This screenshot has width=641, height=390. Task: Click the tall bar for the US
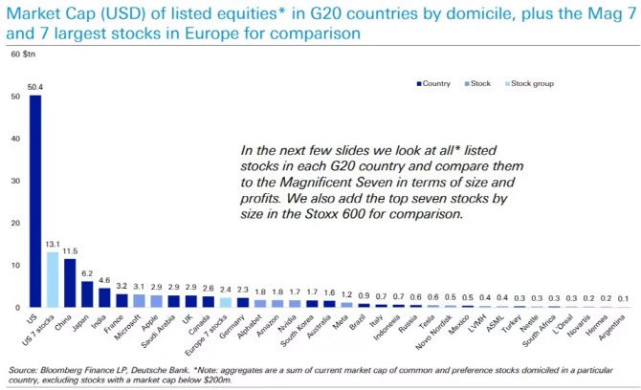35,201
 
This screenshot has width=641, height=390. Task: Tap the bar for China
70,283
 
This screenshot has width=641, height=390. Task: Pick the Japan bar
87,293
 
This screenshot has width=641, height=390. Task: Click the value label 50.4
35,87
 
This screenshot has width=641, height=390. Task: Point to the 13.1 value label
53,243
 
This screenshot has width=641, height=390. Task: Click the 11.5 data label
70,249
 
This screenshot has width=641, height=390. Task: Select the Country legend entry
436,83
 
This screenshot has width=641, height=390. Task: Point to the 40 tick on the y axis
15,139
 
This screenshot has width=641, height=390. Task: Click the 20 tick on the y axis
15,223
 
